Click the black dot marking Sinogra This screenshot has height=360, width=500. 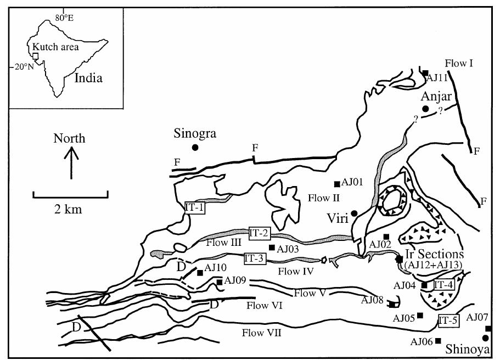pyautogui.click(x=195, y=147)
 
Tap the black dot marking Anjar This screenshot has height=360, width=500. pyautogui.click(x=425, y=109)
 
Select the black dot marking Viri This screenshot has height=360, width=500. pyautogui.click(x=355, y=213)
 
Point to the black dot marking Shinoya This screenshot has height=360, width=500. pyautogui.click(x=485, y=338)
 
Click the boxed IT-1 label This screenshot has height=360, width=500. pyautogui.click(x=194, y=208)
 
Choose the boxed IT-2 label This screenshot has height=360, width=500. pyautogui.click(x=260, y=232)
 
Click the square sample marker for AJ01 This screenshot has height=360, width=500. pyautogui.click(x=336, y=184)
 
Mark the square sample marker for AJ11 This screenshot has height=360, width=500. pyautogui.click(x=425, y=72)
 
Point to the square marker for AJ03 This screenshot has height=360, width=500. pyautogui.click(x=271, y=248)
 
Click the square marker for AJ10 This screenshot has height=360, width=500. pyautogui.click(x=199, y=272)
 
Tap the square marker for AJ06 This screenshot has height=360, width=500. pyautogui.click(x=438, y=341)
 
